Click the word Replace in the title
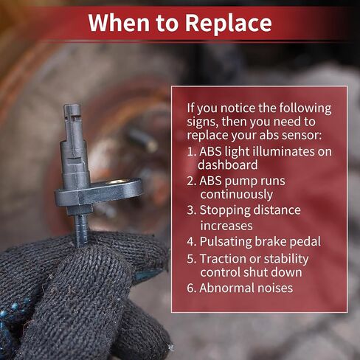pos(228,24)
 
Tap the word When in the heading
pos(120,23)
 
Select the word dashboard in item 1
pos(228,165)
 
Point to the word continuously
pos(237,195)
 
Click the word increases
pos(226,226)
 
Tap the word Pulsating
pos(226,242)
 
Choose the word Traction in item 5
pos(221,259)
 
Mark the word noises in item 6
pos(274,288)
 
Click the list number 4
pos(190,242)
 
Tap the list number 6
pos(190,288)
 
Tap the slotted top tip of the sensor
pos(72,110)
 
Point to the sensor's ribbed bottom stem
pos(81,229)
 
